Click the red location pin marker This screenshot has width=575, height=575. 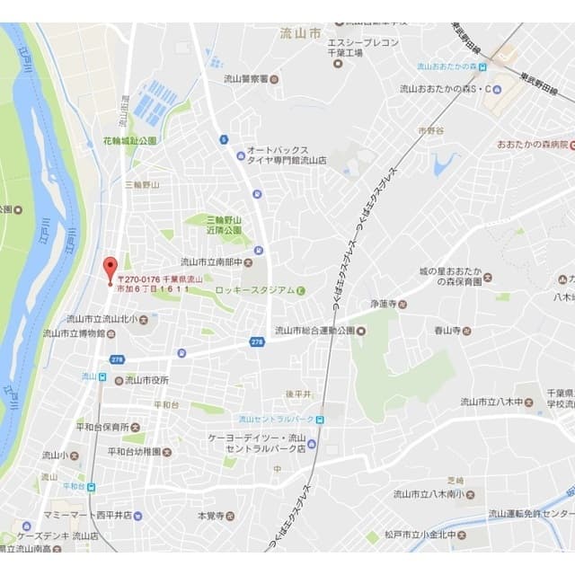click(x=111, y=269)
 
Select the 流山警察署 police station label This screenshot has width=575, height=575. click(x=247, y=78)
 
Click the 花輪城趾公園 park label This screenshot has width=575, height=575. click(x=129, y=141)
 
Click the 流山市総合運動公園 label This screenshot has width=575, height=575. click(x=314, y=331)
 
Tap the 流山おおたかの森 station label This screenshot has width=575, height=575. click(x=446, y=66)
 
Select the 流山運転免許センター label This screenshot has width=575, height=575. click(x=529, y=514)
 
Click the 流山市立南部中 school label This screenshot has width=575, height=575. click(x=211, y=262)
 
